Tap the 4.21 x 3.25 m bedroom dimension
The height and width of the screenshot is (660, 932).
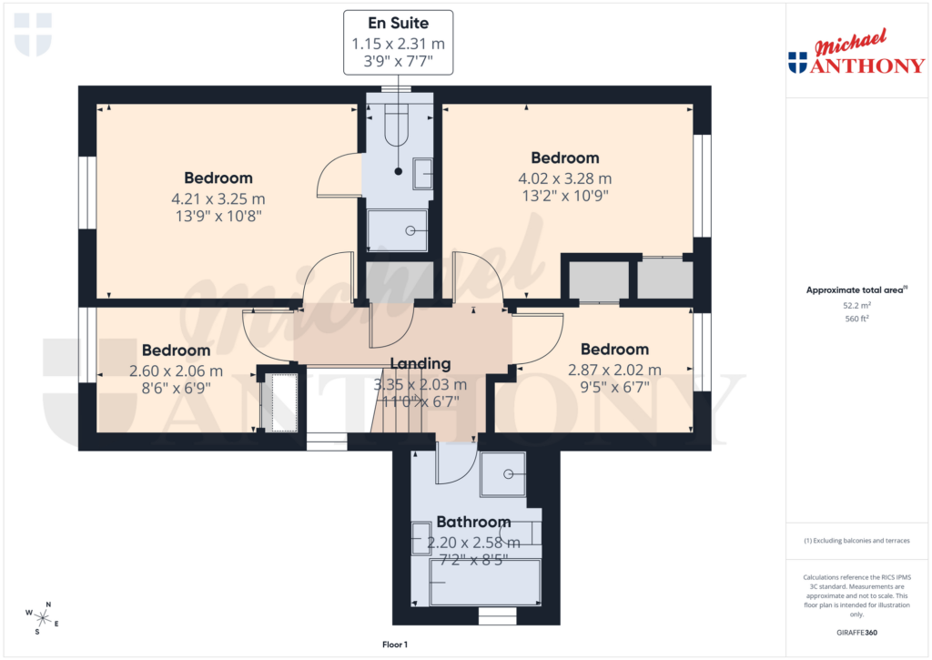218,198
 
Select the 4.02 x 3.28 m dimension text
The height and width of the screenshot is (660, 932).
565,178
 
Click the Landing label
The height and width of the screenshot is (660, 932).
420,363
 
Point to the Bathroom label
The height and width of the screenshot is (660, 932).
473,523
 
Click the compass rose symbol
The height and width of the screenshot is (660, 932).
43,618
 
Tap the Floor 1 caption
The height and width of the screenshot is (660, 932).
395,645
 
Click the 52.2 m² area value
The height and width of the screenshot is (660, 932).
856,306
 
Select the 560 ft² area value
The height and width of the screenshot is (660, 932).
856,319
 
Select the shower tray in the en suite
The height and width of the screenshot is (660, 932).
397,230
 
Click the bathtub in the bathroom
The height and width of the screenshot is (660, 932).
484,583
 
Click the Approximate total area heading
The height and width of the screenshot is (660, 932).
856,290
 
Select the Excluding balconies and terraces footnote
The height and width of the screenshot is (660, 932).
856,541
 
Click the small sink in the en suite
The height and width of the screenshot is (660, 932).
422,173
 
